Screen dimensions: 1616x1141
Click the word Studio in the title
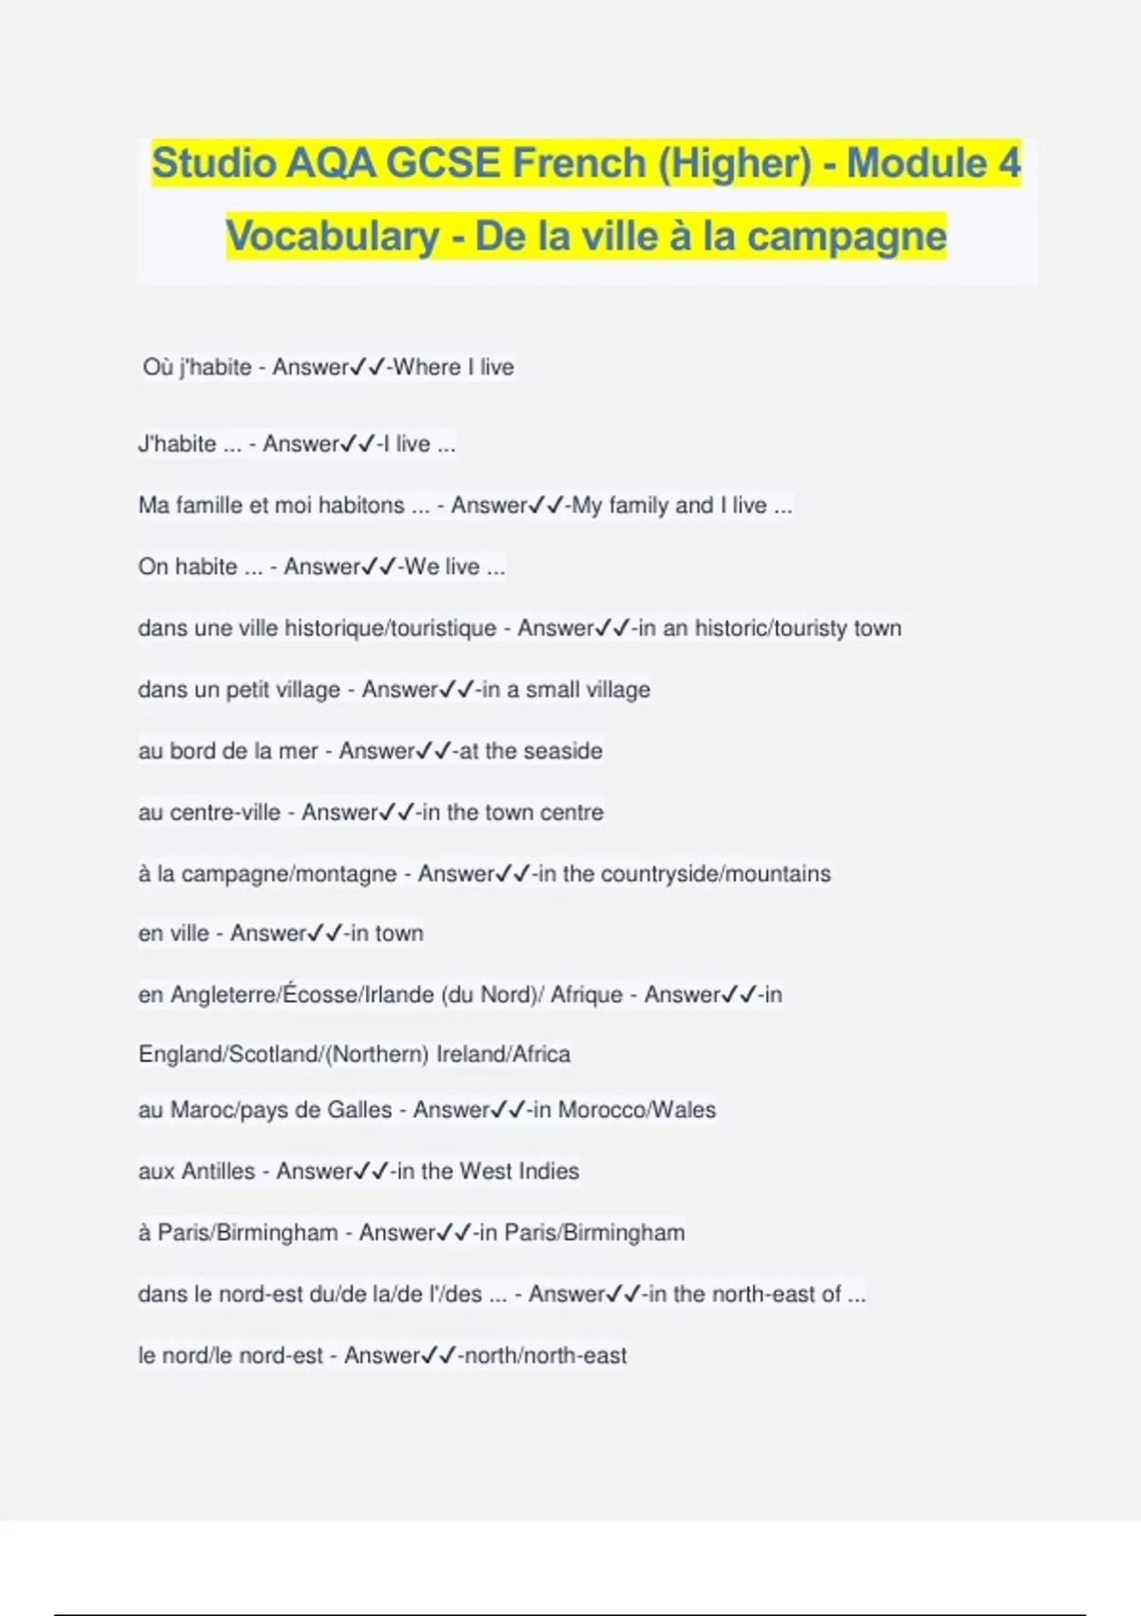click(x=214, y=163)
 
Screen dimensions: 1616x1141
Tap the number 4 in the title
click(x=1009, y=163)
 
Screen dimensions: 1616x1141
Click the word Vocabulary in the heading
click(x=333, y=237)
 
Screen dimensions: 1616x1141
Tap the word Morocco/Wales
click(x=637, y=1109)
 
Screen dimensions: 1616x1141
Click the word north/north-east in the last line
click(x=543, y=1356)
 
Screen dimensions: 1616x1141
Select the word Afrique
click(x=587, y=994)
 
